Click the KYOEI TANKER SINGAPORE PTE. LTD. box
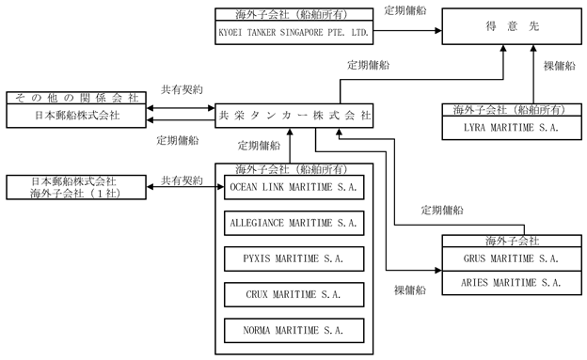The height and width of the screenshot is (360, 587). [293, 32]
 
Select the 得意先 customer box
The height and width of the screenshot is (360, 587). [512, 26]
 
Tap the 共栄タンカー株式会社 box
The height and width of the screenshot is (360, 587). [293, 116]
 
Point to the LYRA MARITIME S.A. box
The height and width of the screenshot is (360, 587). [512, 128]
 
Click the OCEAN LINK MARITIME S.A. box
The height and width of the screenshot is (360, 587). [293, 187]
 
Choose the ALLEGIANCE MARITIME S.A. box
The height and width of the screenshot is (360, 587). [293, 223]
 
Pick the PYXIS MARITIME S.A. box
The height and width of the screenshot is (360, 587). [293, 258]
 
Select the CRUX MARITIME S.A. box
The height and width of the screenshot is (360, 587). [293, 294]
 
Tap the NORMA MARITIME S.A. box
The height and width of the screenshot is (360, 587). [293, 331]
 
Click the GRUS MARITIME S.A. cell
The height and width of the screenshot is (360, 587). [512, 258]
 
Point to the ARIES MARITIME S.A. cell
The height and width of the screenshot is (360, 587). [512, 283]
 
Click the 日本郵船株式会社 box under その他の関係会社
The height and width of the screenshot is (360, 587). [76, 116]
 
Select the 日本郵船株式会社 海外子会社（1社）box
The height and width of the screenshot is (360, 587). [76, 187]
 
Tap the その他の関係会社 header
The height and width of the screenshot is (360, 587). [76, 98]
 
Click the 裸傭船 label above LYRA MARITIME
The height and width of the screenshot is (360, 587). [560, 66]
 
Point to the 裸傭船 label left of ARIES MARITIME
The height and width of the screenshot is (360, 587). [410, 290]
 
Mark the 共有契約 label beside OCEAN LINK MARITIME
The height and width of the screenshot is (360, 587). [182, 180]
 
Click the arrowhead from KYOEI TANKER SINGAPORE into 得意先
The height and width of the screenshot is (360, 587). [438, 31]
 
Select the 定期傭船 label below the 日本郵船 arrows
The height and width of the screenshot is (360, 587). [178, 140]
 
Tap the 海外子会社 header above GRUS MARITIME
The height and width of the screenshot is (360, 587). [512, 241]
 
